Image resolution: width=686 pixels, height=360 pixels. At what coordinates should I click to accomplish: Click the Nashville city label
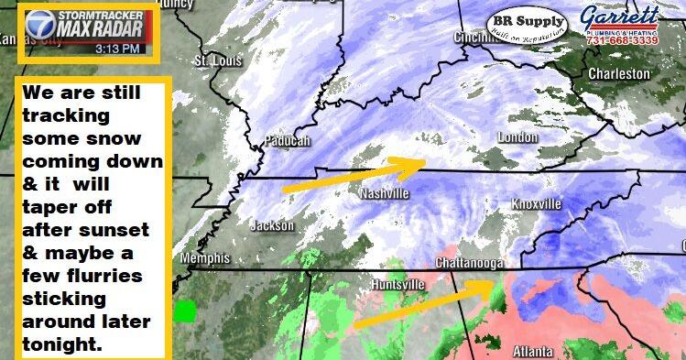(382, 194)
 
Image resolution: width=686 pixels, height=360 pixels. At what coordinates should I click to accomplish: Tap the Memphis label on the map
(205, 258)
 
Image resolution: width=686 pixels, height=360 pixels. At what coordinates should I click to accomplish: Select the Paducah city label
(288, 140)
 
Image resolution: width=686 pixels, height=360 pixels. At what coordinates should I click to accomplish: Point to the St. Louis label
(213, 60)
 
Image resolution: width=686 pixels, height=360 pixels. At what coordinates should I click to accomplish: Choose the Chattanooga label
(469, 264)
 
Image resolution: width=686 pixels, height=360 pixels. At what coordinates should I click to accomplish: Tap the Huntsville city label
(397, 284)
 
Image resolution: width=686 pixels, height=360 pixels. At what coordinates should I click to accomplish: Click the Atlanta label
(532, 351)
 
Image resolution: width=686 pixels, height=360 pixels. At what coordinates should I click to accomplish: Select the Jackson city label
(272, 225)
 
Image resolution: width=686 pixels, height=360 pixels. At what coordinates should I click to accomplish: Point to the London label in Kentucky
(516, 137)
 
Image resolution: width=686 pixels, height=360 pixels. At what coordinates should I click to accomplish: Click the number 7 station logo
(39, 33)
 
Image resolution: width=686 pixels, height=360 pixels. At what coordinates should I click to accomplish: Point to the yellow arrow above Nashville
(352, 173)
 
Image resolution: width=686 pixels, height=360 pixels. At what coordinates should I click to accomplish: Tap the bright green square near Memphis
(187, 311)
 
